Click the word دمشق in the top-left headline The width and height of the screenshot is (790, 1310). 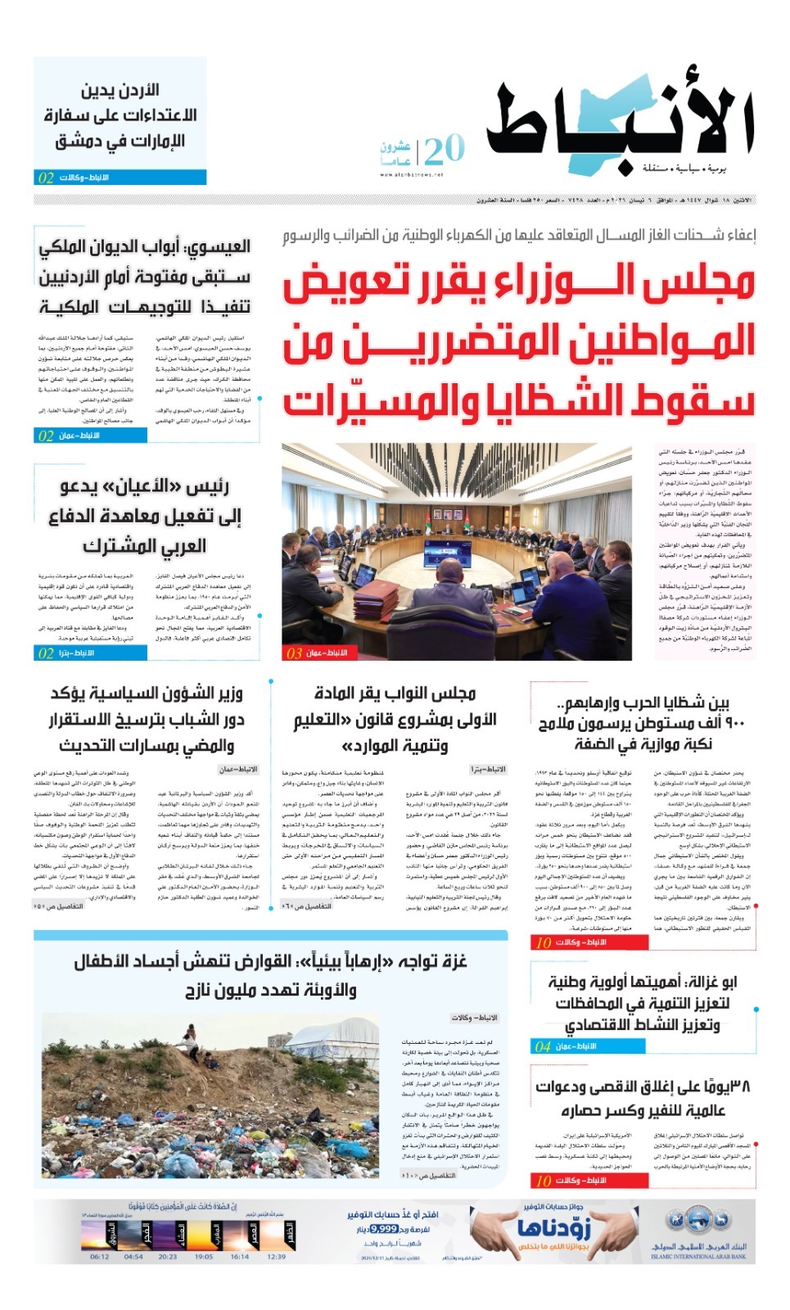(x=77, y=141)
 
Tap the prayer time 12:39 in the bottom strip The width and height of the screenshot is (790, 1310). (x=277, y=1257)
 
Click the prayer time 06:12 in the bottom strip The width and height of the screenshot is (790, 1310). (x=100, y=1257)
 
